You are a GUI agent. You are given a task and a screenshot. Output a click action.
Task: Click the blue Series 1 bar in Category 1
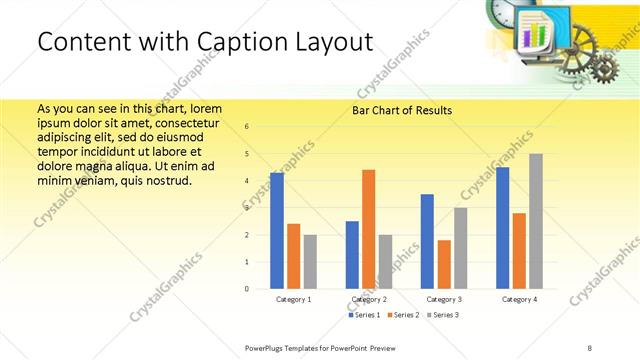[277, 231]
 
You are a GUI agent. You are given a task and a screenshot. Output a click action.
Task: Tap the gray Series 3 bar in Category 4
[536, 221]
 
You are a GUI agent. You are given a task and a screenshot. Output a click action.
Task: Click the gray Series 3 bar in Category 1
[310, 262]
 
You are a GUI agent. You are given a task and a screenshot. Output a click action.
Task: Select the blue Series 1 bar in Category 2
[352, 255]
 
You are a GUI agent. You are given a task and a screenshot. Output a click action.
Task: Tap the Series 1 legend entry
[364, 315]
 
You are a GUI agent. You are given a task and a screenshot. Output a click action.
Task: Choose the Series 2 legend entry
[402, 315]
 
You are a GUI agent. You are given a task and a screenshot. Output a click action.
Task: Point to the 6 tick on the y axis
[247, 126]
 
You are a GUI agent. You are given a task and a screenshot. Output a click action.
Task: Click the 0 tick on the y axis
[247, 289]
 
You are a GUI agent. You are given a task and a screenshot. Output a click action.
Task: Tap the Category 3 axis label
[444, 299]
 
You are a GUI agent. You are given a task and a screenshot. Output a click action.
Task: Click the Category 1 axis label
[293, 299]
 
